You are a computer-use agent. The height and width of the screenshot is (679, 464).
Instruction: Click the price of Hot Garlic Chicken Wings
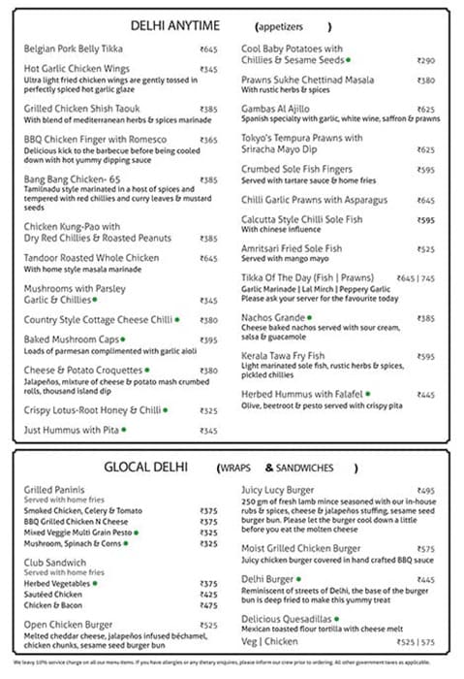[x=208, y=70]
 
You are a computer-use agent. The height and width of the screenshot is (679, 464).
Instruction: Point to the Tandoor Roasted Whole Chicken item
[x=91, y=258]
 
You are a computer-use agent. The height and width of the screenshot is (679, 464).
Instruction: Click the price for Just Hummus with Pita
[x=208, y=430]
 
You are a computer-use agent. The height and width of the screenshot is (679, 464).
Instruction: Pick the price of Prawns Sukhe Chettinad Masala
[x=425, y=81]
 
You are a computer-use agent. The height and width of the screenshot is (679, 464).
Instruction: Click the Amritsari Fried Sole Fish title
[x=291, y=249]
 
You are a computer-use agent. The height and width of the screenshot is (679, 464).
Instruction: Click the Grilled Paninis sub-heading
[x=55, y=490]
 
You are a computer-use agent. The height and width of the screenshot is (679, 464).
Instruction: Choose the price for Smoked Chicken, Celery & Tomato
[x=208, y=511]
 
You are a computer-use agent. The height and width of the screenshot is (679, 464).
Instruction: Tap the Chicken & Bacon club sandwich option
[x=53, y=603]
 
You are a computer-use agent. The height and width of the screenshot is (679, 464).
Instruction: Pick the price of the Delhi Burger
[x=425, y=580]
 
